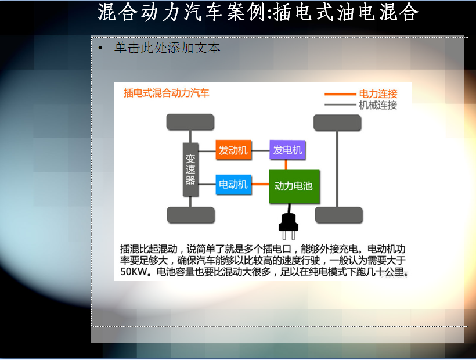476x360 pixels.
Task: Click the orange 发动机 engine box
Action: tap(233, 150)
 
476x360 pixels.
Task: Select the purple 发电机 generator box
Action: tap(287, 150)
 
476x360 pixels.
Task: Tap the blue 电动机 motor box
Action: tap(233, 184)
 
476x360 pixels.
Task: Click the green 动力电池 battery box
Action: tap(294, 186)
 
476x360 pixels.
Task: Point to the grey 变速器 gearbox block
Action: tap(190, 170)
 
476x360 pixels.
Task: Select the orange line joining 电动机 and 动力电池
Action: tap(260, 184)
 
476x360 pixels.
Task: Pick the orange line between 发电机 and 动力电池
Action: tap(286, 164)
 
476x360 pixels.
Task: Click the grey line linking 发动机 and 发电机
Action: tap(261, 150)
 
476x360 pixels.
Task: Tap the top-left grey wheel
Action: tap(190, 122)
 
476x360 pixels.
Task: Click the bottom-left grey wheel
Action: tap(191, 215)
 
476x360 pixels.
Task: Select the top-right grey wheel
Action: tap(337, 123)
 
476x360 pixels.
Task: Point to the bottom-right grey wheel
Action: tap(339, 215)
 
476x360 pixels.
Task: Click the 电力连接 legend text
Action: tap(378, 94)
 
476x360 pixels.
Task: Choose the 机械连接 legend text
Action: tap(378, 105)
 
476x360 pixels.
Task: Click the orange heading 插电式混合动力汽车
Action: tap(167, 93)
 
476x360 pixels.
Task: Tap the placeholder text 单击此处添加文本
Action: tap(167, 48)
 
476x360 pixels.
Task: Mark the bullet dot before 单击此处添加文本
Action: tap(100, 48)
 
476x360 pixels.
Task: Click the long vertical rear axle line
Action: tap(337, 169)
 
